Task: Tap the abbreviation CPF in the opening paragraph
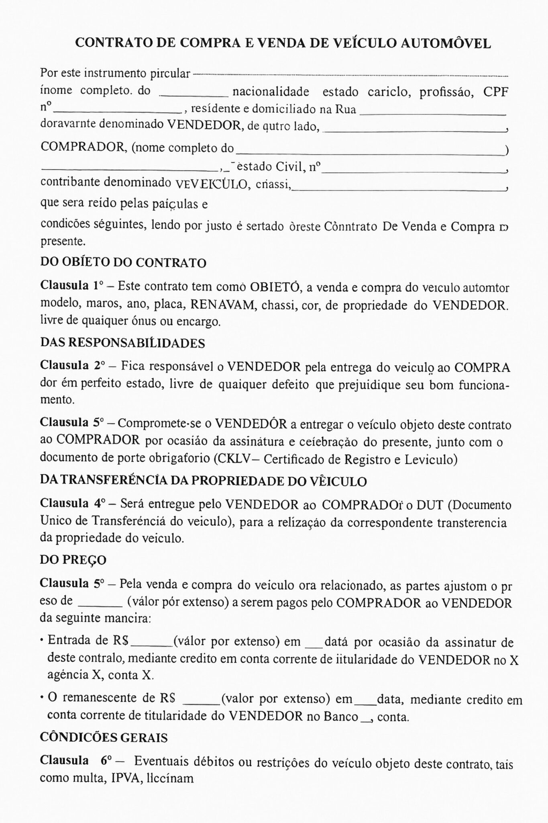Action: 495,92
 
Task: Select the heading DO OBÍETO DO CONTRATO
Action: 123,263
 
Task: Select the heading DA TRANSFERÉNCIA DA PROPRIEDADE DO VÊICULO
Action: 203,481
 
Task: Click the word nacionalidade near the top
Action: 271,92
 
